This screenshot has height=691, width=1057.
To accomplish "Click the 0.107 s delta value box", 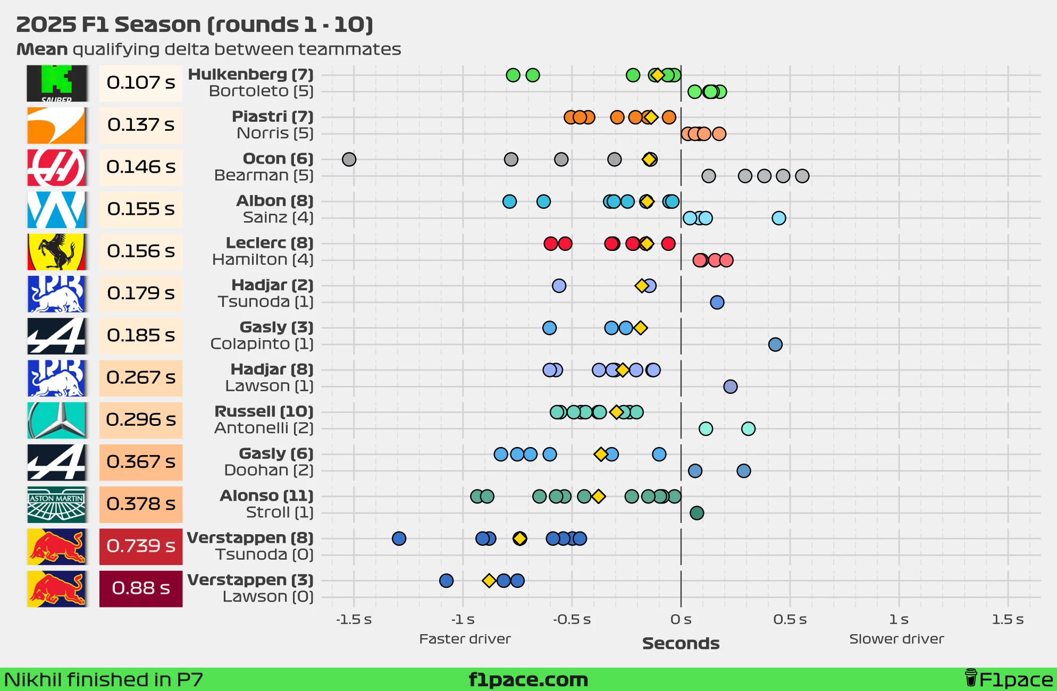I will click(141, 83).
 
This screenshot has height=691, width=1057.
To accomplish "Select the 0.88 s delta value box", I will click(141, 588).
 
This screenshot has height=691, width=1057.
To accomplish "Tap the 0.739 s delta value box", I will click(141, 546).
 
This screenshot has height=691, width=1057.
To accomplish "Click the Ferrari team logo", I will click(56, 251).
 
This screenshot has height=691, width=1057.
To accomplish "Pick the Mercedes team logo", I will click(56, 420).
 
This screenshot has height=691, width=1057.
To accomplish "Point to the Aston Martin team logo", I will click(56, 504).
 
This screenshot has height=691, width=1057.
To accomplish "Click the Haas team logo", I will click(56, 167).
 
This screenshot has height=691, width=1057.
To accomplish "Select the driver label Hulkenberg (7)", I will click(250, 74).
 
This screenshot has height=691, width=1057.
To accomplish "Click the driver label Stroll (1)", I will click(280, 512).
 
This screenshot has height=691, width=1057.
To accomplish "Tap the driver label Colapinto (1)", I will click(262, 344).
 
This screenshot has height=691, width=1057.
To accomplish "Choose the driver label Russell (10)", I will click(264, 411).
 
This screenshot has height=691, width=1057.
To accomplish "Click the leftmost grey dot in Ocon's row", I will click(349, 159).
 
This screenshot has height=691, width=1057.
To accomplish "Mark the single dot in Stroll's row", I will click(697, 513).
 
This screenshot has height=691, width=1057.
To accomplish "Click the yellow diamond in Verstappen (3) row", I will click(489, 580).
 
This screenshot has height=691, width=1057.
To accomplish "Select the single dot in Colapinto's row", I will click(775, 344).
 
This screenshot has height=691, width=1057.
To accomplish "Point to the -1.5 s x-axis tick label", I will click(354, 620).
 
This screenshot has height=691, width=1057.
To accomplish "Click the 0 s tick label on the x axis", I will click(681, 620).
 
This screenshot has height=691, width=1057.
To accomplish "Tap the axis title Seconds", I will click(681, 644).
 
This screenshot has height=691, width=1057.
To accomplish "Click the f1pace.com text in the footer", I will click(528, 680).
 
